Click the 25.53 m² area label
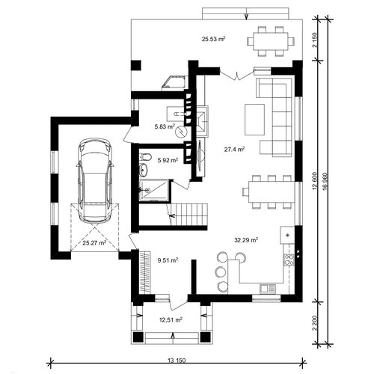(214, 39)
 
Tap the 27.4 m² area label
(234, 150)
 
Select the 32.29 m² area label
(246, 240)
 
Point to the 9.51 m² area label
(168, 260)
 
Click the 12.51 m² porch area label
(171, 319)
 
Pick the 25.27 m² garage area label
(94, 242)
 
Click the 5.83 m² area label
(165, 126)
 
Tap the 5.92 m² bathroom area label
(168, 160)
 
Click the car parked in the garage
(94, 180)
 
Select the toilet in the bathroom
(146, 157)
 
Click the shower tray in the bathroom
(154, 190)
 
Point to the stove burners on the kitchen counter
(289, 260)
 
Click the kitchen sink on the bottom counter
(268, 289)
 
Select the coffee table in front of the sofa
(254, 120)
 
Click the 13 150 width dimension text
(177, 361)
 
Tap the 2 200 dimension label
(315, 323)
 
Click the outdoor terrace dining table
(271, 41)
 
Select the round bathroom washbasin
(144, 169)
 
